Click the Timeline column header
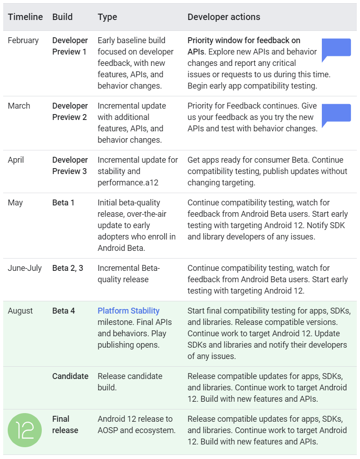[x=25, y=17]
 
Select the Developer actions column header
[x=224, y=17]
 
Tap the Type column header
[x=107, y=17]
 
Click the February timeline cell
[x=23, y=40]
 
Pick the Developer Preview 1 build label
[x=70, y=46]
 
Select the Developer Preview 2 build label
[x=70, y=111]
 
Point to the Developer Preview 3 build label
[x=70, y=165]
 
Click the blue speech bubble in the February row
[x=336, y=49]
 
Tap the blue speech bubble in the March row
[x=336, y=115]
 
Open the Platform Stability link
[x=128, y=311]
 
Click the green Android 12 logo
[x=25, y=430]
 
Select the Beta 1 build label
[x=63, y=203]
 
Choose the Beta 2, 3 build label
[x=68, y=268]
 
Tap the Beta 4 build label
[x=64, y=311]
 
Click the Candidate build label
[x=70, y=376]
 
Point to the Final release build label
[x=65, y=424]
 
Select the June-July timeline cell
[x=25, y=268]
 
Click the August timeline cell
[x=20, y=311]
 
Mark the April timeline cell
[x=16, y=160]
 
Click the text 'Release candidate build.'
[x=130, y=382]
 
